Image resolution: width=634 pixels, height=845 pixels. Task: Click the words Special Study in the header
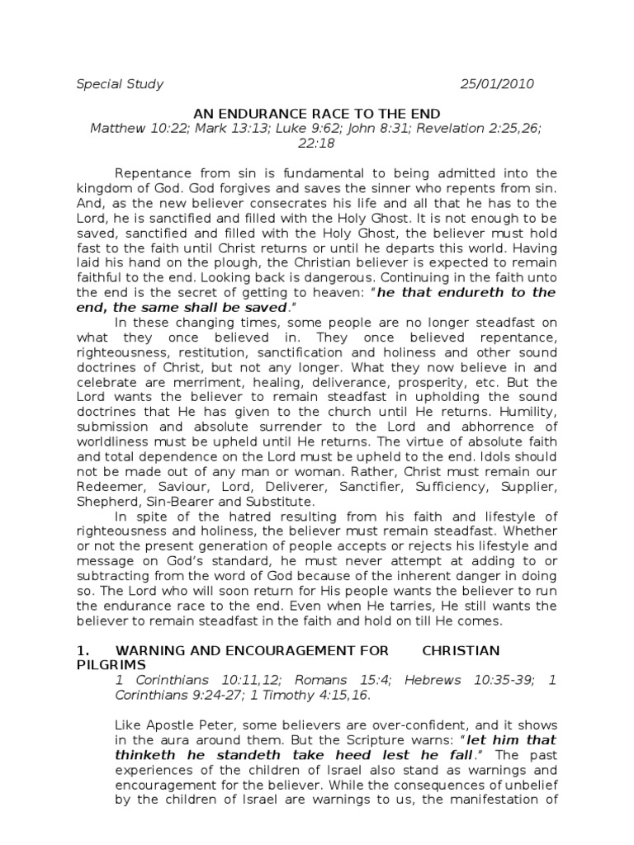point(120,84)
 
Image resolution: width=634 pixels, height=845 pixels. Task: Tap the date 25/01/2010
point(497,84)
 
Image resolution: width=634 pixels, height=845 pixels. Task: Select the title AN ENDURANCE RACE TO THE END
point(317,113)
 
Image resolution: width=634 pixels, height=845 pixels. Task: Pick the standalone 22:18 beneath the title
point(317,143)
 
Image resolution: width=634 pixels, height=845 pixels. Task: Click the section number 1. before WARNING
point(81,650)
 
